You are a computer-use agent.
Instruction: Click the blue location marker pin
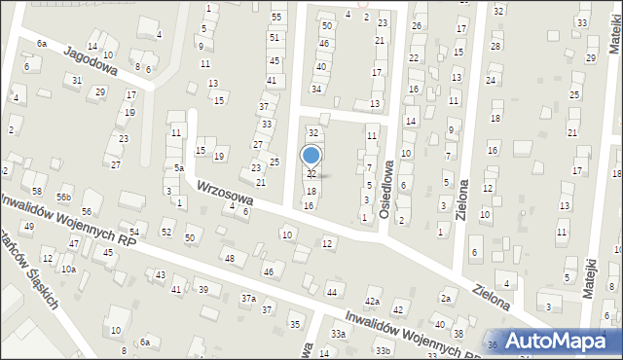311,156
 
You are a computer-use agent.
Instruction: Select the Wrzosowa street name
225,192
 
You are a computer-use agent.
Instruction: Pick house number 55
276,18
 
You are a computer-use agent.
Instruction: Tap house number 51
275,38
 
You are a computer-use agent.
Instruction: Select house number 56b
64,198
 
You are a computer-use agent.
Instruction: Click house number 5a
179,168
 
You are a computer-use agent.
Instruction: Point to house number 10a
68,270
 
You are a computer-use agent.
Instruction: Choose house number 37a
249,298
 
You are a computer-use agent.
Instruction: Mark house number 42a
372,302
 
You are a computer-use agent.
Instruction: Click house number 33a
338,334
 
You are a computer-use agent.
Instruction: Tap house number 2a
446,298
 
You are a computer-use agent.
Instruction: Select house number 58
37,191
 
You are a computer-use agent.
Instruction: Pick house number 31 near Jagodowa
77,80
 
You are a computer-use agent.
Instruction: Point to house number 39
202,290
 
